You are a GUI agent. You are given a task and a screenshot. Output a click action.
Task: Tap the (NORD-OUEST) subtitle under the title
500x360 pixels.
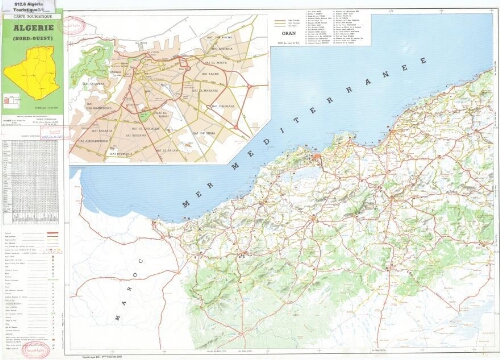click(x=32, y=37)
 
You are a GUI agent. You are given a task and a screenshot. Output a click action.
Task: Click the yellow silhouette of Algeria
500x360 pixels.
click(x=30, y=69)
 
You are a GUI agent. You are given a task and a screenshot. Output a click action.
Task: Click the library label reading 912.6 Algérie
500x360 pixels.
click(x=25, y=5)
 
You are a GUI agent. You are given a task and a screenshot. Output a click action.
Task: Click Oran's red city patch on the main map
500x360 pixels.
click(x=317, y=159)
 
